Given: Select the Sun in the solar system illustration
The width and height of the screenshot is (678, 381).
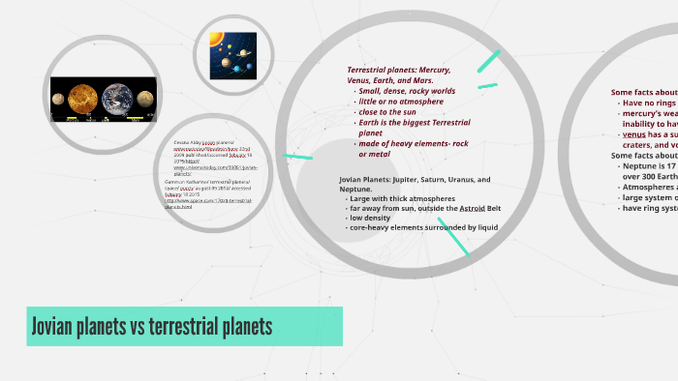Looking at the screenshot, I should coord(215,48).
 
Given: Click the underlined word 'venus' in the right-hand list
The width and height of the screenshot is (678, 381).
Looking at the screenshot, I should coord(633,134).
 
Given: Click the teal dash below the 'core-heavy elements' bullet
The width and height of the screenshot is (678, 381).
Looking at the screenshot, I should coord(453,242).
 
